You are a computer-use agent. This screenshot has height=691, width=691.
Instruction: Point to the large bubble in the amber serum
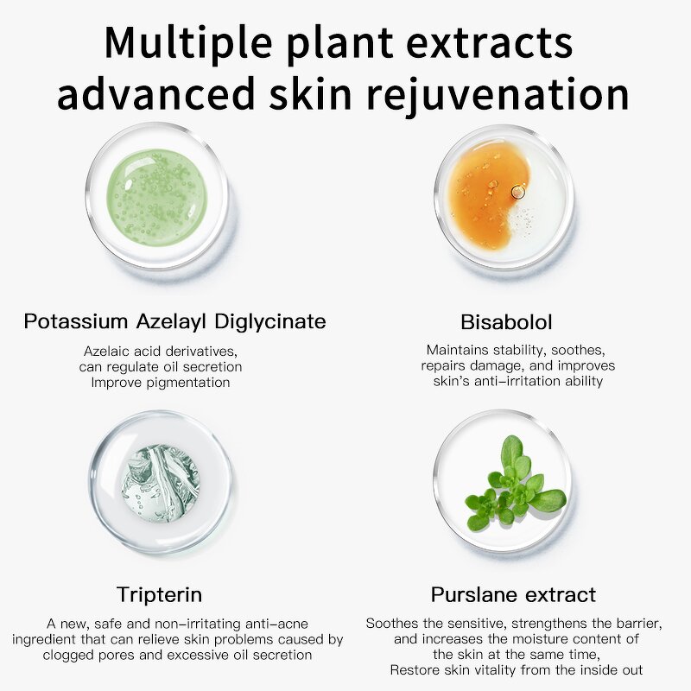(517, 192)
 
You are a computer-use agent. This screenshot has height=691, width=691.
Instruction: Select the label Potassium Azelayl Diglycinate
(175, 322)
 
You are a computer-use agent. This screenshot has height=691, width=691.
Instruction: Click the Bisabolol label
(506, 322)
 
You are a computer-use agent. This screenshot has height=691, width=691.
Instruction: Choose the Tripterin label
(160, 594)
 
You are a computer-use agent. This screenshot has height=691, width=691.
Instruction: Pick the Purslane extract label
(513, 594)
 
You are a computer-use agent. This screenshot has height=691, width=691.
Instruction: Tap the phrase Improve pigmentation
(161, 382)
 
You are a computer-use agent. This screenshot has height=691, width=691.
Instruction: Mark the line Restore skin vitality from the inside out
(516, 669)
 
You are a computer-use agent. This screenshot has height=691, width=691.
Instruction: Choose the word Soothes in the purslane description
(392, 623)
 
